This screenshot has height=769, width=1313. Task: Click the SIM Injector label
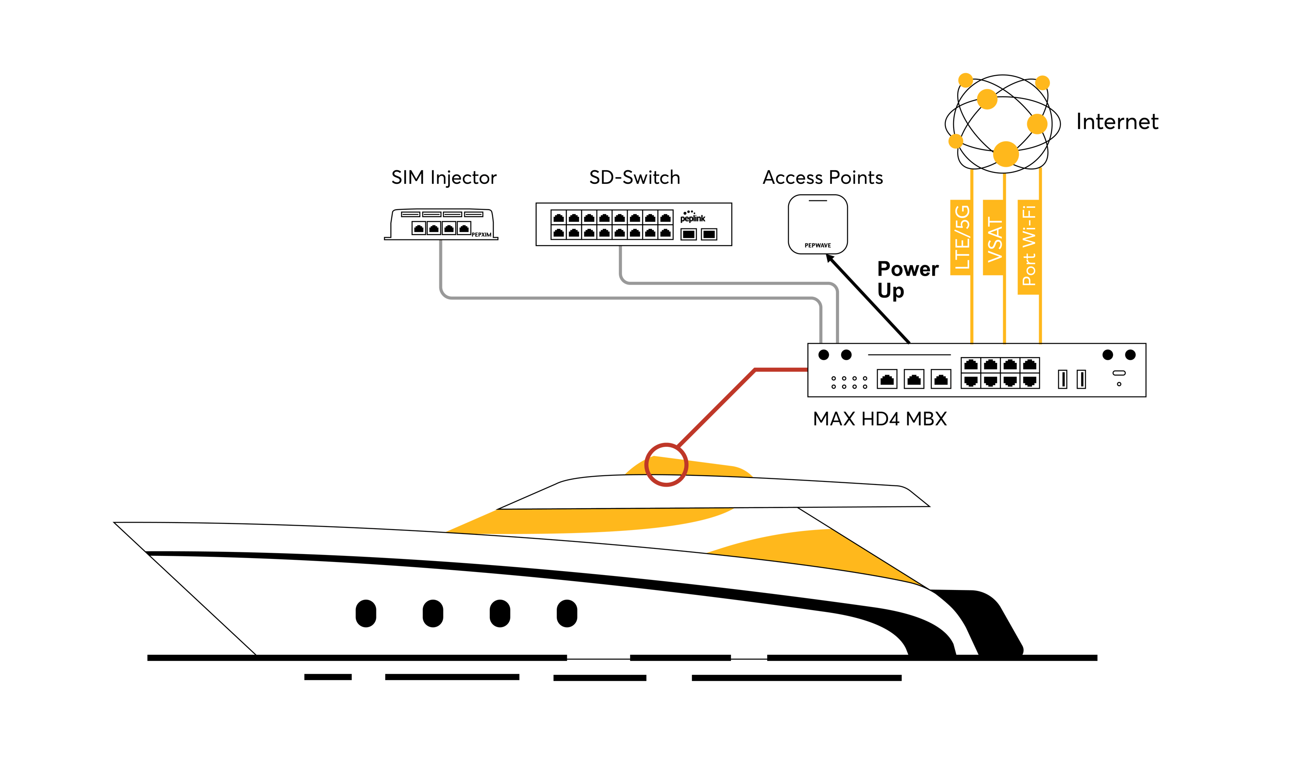coord(443,178)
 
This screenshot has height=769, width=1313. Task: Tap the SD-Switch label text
coord(634,178)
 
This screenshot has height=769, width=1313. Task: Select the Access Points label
coord(822,178)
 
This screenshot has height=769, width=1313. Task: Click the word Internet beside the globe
coord(1116,122)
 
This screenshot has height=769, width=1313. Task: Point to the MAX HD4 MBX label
coord(880,419)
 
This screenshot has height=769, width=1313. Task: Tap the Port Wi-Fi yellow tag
coord(1029,246)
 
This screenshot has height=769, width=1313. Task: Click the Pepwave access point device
coord(818,224)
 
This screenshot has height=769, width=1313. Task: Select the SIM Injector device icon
coord(441,225)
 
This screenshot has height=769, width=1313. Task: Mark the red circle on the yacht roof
coord(666,464)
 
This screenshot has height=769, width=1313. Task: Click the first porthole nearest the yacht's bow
coord(366,613)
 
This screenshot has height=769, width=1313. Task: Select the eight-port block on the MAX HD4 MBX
coord(1000,373)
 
